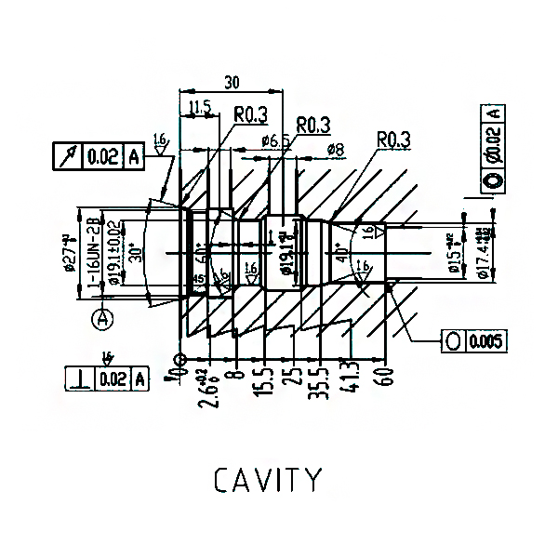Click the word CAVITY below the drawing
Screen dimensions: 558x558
(268, 480)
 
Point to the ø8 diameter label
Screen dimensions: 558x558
(336, 149)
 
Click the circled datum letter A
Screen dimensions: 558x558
(103, 319)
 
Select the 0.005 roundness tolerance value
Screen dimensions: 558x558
(486, 341)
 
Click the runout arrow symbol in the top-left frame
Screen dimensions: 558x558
(68, 157)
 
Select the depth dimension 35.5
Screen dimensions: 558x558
(322, 379)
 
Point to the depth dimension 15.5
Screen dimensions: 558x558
(267, 379)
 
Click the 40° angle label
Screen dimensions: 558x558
(341, 252)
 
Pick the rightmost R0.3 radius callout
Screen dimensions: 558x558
(393, 139)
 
